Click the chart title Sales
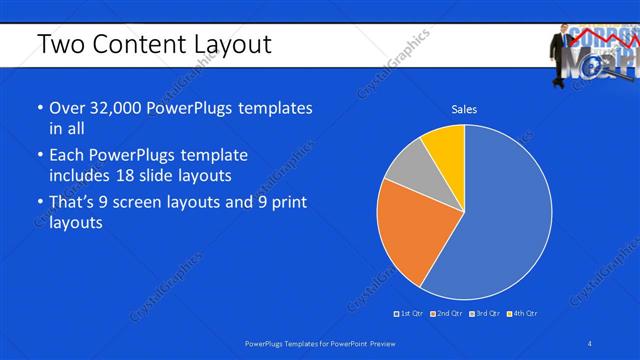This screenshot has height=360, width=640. coord(464,108)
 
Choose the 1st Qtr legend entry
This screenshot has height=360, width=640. coord(410,314)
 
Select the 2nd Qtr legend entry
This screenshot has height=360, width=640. coord(446,314)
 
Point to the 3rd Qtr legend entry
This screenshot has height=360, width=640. coord(483,314)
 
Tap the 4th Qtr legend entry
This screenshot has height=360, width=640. coord(522,314)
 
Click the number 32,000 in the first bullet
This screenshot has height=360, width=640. coord(118,108)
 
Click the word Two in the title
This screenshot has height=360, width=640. coord(58,44)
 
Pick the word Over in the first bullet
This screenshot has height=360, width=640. coord(66,108)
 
